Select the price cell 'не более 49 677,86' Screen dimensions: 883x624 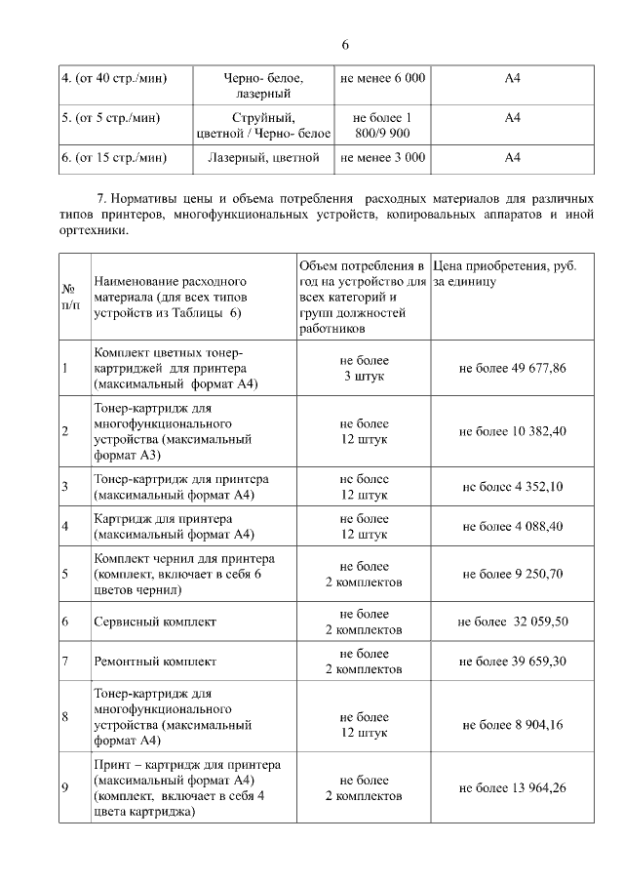512,368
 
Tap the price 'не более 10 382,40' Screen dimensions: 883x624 512,431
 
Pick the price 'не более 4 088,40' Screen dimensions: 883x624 512,527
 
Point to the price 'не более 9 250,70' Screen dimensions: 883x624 512,574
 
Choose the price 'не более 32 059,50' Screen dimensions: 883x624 512,621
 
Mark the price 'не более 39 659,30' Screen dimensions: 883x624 512,662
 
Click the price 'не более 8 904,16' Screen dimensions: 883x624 512,724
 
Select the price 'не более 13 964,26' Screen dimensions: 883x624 512,787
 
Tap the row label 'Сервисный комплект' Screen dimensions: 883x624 155,622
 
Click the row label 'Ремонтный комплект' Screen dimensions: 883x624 155,662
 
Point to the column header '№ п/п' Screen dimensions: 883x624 70,297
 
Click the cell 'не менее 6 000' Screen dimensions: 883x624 382,77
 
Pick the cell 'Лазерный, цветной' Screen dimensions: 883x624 264,156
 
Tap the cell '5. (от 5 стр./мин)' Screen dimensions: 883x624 109,117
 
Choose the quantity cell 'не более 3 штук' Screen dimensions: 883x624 364,368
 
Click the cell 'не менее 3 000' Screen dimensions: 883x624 382,156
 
